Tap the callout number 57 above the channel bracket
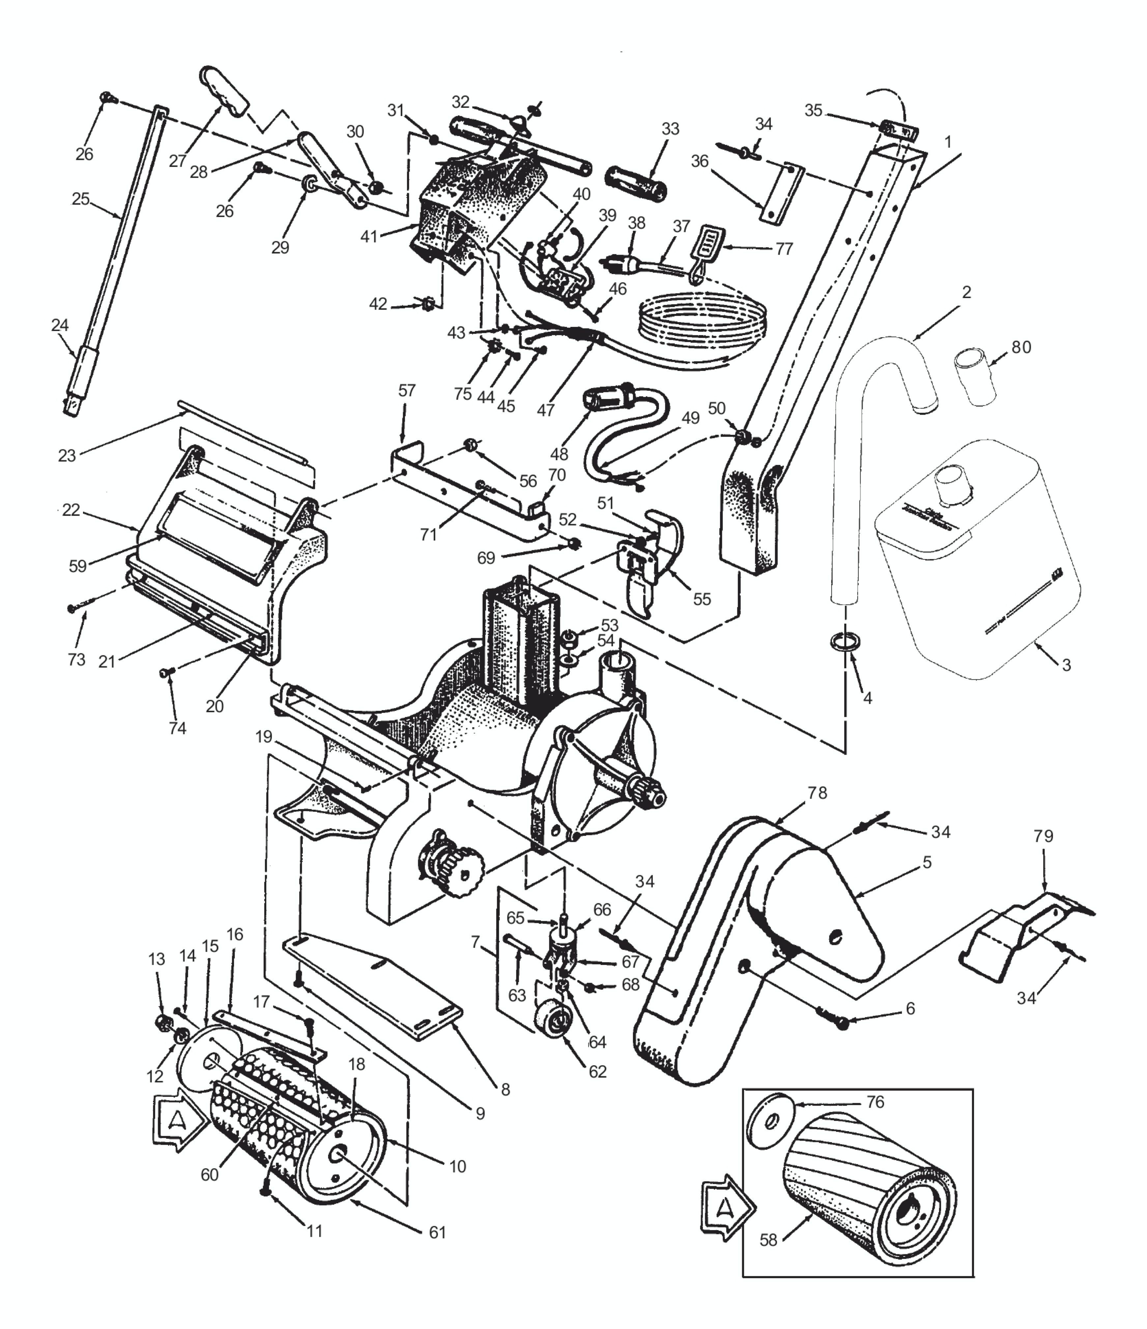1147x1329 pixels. click(407, 390)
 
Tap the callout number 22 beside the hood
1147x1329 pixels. click(71, 510)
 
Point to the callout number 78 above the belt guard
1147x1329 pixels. click(817, 793)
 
